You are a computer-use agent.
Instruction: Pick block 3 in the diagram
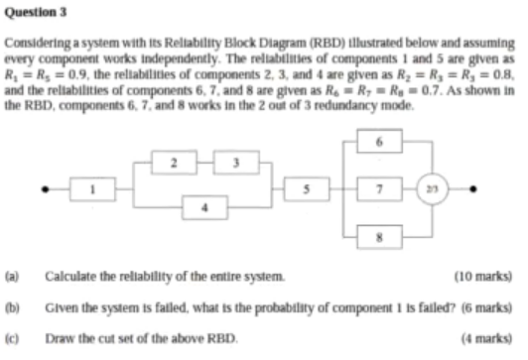click(x=236, y=162)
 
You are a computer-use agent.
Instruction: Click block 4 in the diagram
click(x=203, y=206)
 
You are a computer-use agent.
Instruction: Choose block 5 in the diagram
click(x=307, y=189)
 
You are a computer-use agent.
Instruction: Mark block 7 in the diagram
click(x=378, y=189)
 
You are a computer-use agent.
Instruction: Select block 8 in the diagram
click(x=378, y=235)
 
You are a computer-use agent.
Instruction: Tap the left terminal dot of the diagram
click(x=44, y=189)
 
